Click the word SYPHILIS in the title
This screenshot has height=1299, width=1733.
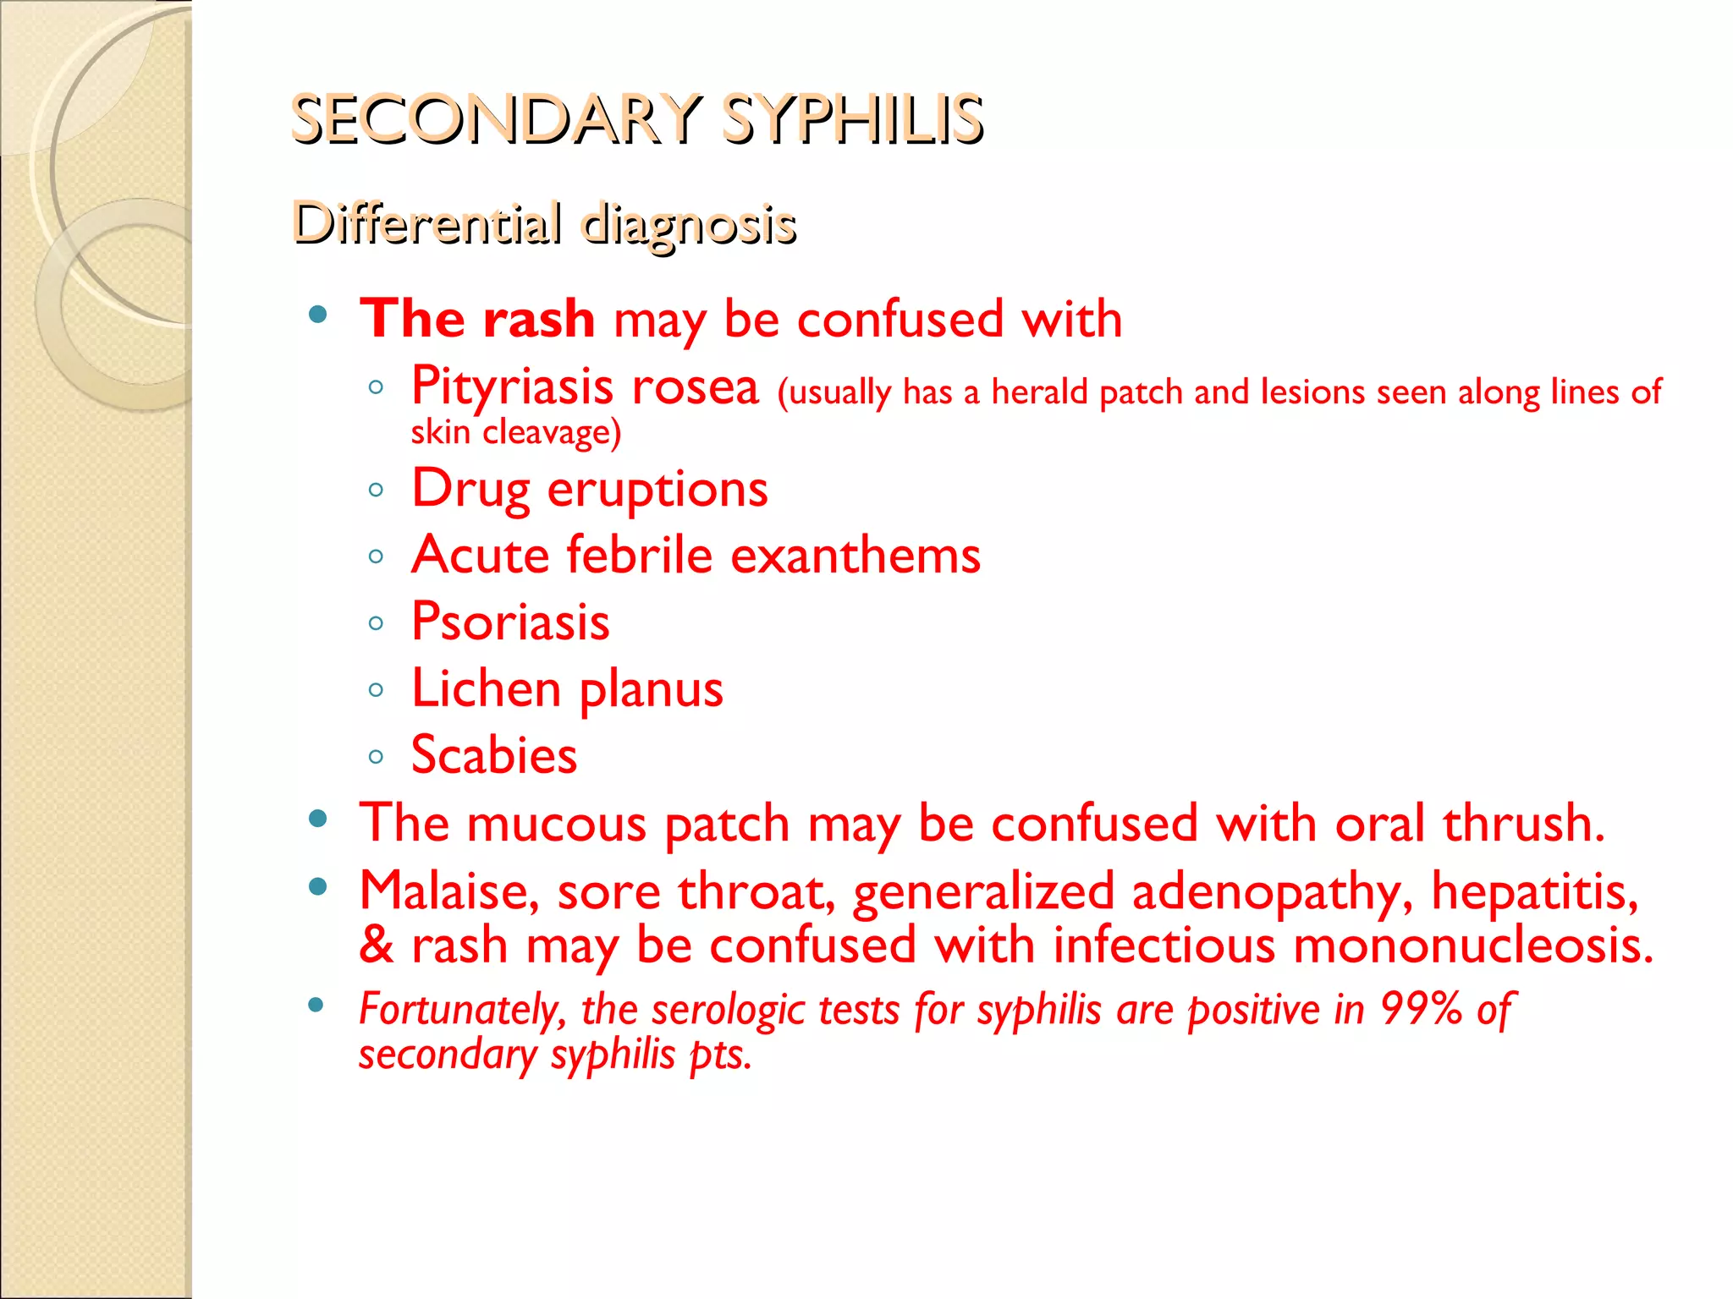pos(852,119)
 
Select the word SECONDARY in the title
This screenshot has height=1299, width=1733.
pos(496,119)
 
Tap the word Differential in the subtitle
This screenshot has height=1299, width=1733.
pos(426,224)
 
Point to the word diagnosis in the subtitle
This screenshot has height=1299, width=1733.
pos(689,226)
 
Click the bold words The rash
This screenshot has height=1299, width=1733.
pos(477,319)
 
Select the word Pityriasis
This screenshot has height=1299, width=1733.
pos(512,387)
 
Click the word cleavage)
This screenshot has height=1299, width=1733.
pos(552,433)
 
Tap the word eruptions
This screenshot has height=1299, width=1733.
pos(657,490)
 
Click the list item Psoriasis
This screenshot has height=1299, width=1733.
pos(510,622)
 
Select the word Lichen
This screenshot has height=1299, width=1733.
pos(486,688)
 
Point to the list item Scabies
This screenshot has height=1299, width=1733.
pos(494,755)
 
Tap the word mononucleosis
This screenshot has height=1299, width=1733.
pos(1473,945)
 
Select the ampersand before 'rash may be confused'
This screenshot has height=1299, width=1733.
pos(377,945)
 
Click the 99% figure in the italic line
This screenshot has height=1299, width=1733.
pos(1422,1009)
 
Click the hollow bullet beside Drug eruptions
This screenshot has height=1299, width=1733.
pos(377,490)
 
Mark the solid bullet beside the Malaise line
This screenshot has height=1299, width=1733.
pos(318,887)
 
